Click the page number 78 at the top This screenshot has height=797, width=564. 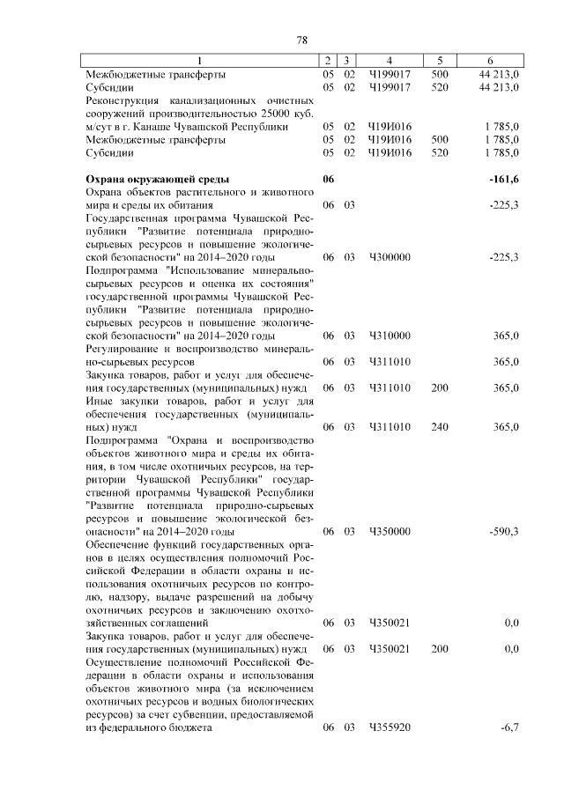pyautogui.click(x=301, y=40)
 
